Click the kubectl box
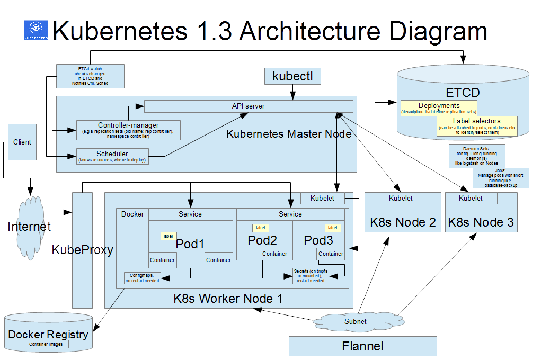pos(292,76)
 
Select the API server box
pos(248,106)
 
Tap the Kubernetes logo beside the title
pos(36,31)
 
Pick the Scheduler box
pos(112,156)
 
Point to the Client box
pos(22,142)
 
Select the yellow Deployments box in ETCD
pos(439,108)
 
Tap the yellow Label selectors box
pos(476,127)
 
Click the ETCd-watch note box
pos(90,76)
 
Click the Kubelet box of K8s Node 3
pos(471,198)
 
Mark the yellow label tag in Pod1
pos(168,236)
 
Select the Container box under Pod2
pos(275,254)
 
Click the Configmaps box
pos(142,277)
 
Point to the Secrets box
pos(311,275)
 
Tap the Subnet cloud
pos(355,321)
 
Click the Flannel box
pos(362,346)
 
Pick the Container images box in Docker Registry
pos(46,344)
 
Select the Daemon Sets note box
pos(477,155)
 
